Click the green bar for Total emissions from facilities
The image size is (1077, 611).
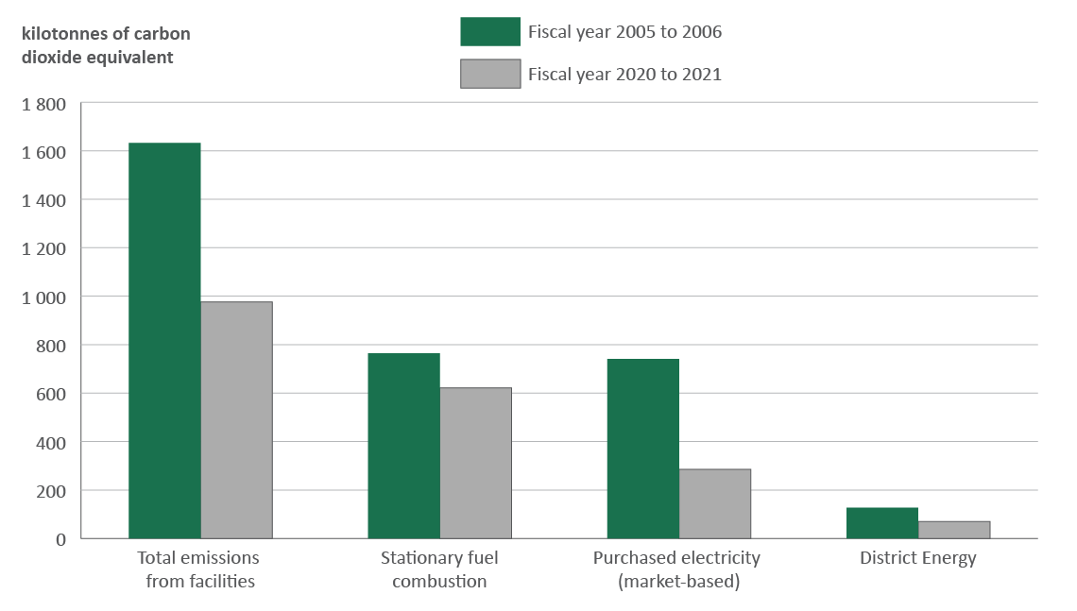[164, 340]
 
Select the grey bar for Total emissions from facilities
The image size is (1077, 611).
[236, 420]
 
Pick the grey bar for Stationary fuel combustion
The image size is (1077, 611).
[475, 463]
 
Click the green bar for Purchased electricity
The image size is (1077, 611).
[642, 449]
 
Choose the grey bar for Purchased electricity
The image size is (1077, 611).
[714, 503]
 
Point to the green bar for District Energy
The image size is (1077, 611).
[881, 522]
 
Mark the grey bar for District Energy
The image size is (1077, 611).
[953, 530]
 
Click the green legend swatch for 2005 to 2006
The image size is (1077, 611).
[489, 31]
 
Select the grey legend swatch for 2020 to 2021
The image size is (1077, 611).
[489, 74]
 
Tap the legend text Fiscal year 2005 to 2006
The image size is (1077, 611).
[624, 32]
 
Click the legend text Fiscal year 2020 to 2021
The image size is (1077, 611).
[624, 74]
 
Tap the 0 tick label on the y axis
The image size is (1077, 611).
[61, 539]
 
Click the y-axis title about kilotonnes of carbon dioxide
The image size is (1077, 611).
[98, 45]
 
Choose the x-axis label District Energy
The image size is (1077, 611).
[917, 558]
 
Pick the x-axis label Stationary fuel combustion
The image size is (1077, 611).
[439, 569]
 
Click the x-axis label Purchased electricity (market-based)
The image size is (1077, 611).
[676, 569]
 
